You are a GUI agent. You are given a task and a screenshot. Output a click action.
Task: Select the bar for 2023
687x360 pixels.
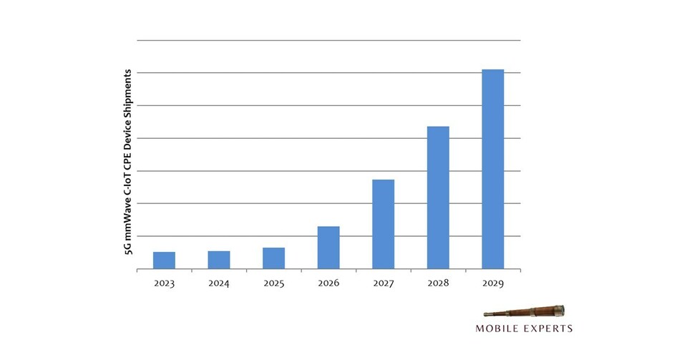click(164, 261)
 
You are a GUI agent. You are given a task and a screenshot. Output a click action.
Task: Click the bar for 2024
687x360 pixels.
click(219, 260)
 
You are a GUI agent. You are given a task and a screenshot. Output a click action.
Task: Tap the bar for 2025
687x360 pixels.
click(273, 258)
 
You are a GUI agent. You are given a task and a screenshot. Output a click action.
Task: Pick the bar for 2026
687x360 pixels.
click(328, 248)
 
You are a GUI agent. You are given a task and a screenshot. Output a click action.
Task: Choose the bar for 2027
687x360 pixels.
click(383, 224)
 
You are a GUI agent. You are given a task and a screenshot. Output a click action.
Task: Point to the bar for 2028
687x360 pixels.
click(438, 198)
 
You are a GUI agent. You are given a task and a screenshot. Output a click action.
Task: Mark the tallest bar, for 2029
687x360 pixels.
click(492, 169)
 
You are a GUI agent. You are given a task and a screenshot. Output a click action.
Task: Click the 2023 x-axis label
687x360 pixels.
click(164, 283)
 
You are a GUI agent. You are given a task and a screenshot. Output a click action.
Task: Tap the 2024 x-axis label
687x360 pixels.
click(219, 283)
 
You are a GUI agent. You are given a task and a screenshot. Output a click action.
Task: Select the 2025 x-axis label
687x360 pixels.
click(273, 283)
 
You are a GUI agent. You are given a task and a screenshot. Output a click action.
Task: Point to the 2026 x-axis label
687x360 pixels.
click(328, 283)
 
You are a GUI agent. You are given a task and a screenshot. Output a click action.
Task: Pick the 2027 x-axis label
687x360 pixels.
click(383, 283)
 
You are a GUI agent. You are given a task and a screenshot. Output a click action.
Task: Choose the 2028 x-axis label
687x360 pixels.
click(438, 283)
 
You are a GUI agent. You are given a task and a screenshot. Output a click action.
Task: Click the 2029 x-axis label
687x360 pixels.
click(492, 283)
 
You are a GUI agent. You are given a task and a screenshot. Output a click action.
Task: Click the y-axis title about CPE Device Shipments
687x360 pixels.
click(128, 162)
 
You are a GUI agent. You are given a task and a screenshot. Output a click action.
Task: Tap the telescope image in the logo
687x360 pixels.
click(524, 313)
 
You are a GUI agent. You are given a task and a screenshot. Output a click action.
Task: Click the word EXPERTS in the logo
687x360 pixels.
click(550, 329)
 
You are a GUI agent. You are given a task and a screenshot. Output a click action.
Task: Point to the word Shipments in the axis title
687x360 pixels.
click(128, 90)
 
